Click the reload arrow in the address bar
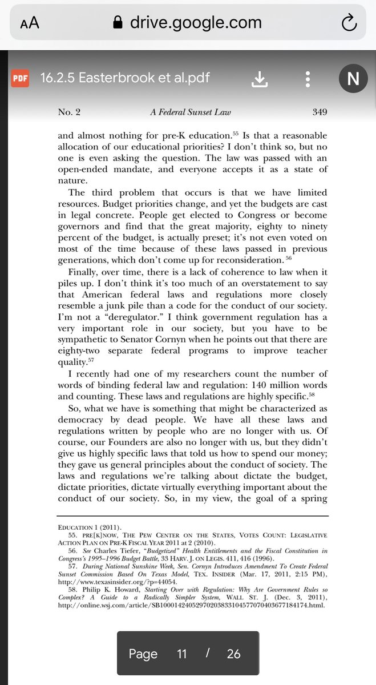click(x=347, y=23)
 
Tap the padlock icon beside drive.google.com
click(x=118, y=23)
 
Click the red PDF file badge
click(x=20, y=78)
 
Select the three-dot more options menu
click(x=308, y=79)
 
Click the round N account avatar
click(x=353, y=79)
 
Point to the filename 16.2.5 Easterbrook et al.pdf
click(x=125, y=78)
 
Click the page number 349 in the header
click(x=320, y=112)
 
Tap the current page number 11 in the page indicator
click(x=182, y=654)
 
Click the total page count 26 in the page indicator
click(x=233, y=654)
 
